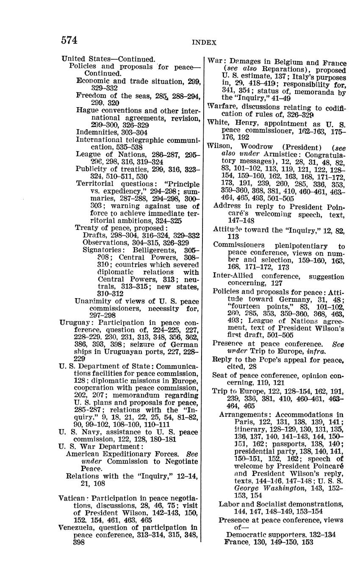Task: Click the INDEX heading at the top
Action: tap(204, 42)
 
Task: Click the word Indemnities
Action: tap(97, 132)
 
